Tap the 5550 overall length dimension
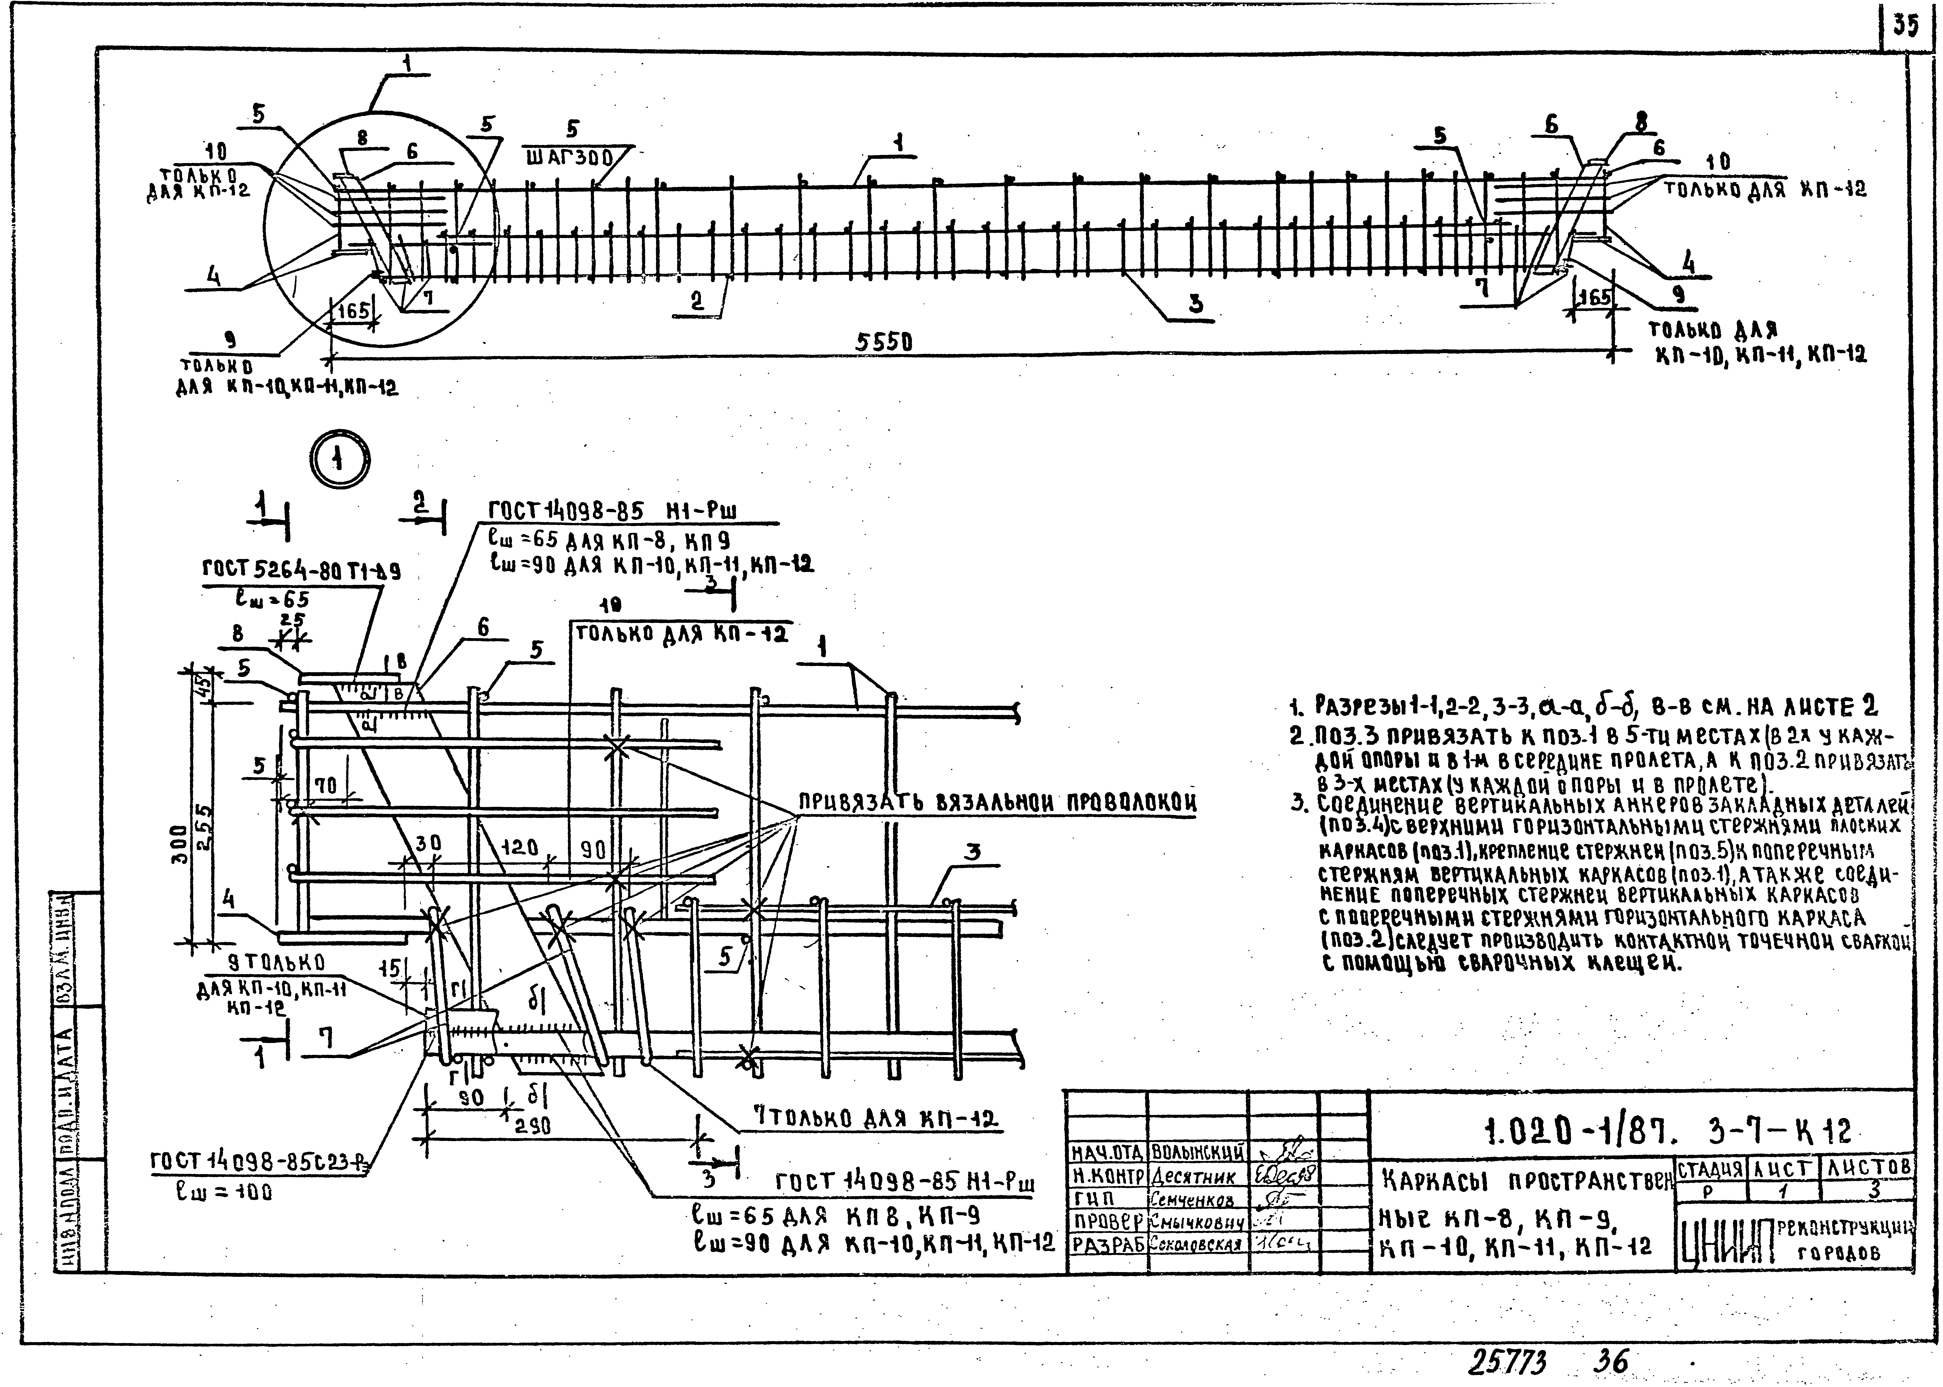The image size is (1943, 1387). click(x=884, y=342)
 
